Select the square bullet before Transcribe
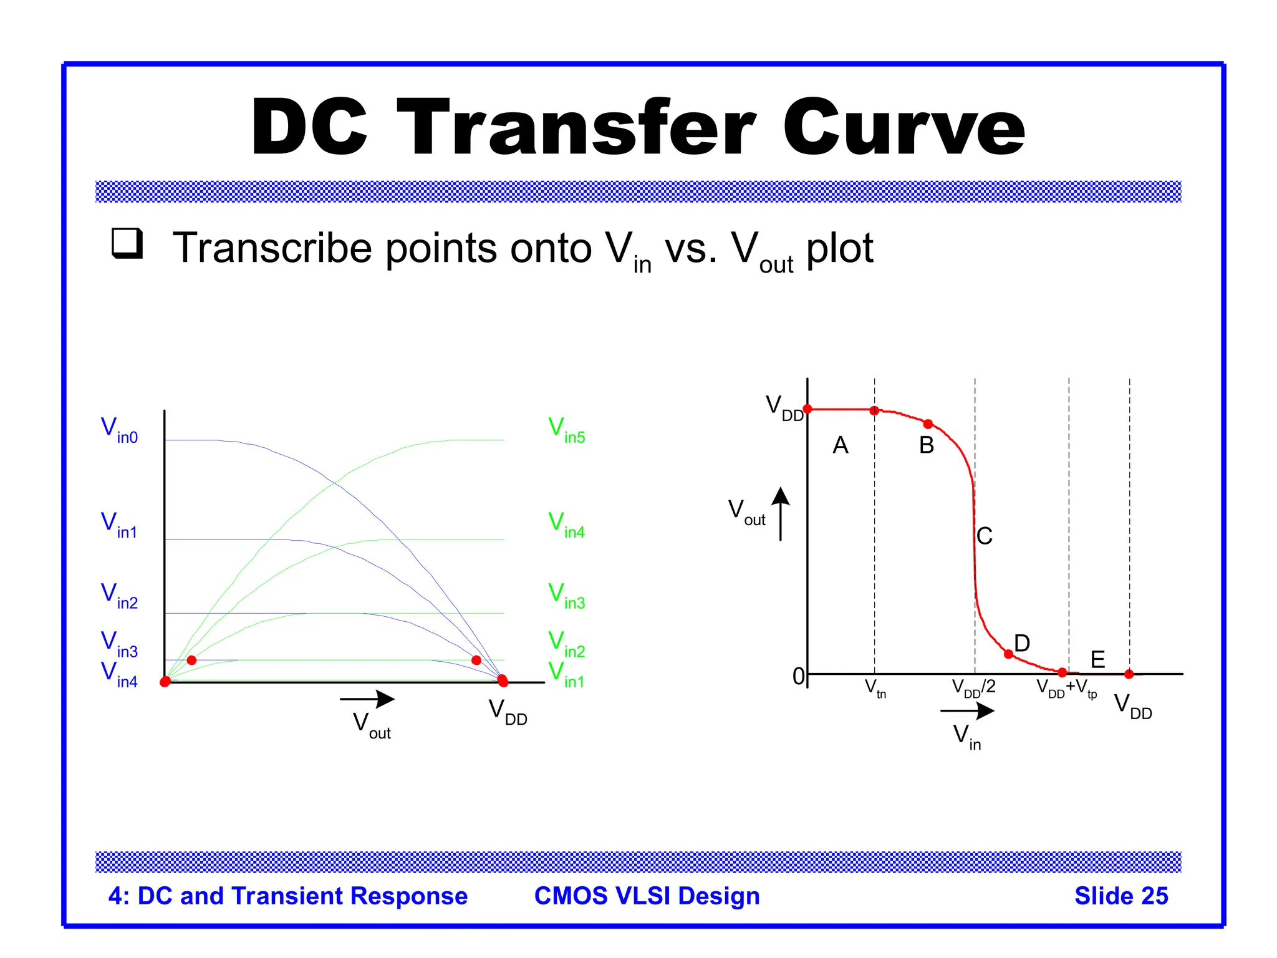(127, 243)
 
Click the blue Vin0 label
(119, 430)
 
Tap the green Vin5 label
(566, 430)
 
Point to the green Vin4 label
(566, 525)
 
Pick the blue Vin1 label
(119, 525)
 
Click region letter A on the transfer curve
(841, 445)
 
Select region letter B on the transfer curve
(927, 445)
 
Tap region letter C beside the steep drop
(985, 536)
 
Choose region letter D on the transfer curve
(1022, 643)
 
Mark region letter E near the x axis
(1097, 659)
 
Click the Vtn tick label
(875, 689)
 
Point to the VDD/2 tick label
(973, 688)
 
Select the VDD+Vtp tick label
(1066, 689)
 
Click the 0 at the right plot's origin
(798, 676)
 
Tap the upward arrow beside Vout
(781, 513)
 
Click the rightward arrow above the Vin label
(967, 710)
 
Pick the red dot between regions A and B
(874, 410)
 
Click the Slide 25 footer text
(1121, 896)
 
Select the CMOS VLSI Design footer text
(647, 896)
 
